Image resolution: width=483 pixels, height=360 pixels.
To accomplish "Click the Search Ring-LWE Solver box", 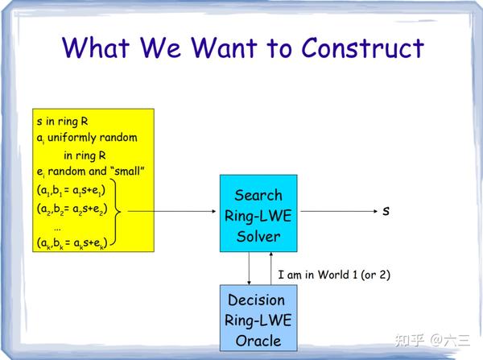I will (x=258, y=215).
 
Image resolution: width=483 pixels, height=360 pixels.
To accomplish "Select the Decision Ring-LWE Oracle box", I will (x=258, y=320).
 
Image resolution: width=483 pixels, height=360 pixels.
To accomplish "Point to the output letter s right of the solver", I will (x=386, y=211).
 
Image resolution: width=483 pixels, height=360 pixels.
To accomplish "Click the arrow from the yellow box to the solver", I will (x=173, y=213).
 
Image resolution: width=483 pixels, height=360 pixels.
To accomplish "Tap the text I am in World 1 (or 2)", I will (x=334, y=275).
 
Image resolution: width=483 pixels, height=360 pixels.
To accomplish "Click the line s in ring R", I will (x=63, y=122).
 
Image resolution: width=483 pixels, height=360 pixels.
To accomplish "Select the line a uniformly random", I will (x=86, y=138).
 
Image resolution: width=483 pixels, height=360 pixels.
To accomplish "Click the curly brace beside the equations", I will (x=120, y=213).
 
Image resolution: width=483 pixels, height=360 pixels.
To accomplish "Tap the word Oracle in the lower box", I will (x=258, y=340).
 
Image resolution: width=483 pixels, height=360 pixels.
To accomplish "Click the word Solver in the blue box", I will (x=258, y=236).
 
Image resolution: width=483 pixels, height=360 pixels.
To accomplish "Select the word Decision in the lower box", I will (x=257, y=300).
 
